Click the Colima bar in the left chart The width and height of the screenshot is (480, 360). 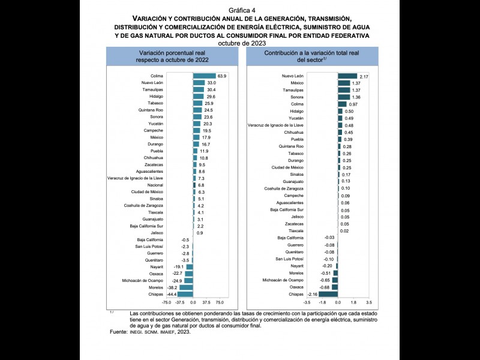(x=204, y=76)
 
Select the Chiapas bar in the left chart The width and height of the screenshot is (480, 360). (x=185, y=294)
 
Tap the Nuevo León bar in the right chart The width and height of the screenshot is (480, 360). (x=347, y=76)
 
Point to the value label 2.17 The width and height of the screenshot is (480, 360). (x=363, y=76)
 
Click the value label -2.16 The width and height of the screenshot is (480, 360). (x=312, y=294)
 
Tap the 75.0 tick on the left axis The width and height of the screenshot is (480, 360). (x=220, y=303)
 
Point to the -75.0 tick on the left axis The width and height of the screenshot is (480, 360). (x=166, y=303)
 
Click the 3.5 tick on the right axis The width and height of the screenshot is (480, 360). (x=369, y=303)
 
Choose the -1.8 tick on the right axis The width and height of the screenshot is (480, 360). (x=322, y=303)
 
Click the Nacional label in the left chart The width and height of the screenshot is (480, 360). (x=155, y=185)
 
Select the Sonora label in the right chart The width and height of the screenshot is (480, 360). (x=296, y=97)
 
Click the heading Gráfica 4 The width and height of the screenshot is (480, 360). (x=239, y=11)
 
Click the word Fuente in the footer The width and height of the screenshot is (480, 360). (x=119, y=332)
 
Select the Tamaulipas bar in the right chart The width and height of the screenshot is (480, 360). (x=344, y=90)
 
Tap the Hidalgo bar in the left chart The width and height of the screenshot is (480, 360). (x=199, y=97)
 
